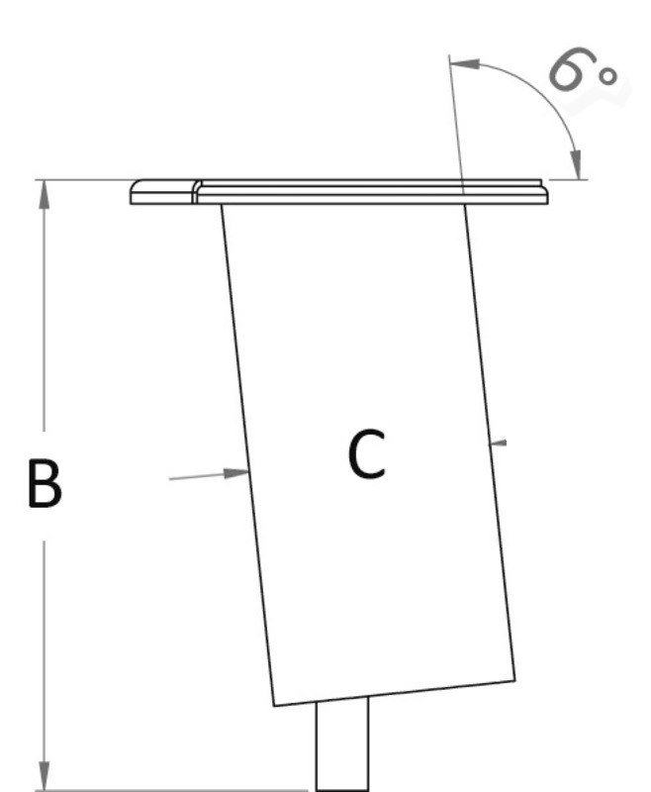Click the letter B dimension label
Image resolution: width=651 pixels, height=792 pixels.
point(44,483)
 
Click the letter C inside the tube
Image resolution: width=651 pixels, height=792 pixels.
point(366,454)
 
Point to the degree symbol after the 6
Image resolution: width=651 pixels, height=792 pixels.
point(609,76)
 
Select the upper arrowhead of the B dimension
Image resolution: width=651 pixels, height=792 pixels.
point(44,192)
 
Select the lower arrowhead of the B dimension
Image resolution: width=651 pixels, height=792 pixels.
point(44,776)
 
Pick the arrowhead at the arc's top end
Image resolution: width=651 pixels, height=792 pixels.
point(466,64)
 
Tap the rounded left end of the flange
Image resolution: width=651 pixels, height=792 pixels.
point(139,192)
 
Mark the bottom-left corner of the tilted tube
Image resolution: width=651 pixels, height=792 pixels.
point(275,705)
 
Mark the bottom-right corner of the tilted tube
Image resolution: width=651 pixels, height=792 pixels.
point(514,680)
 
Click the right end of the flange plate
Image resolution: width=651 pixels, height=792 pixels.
point(545,192)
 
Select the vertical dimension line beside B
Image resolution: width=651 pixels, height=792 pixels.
point(44,346)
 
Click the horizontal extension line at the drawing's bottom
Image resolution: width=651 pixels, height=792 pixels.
point(178,790)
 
